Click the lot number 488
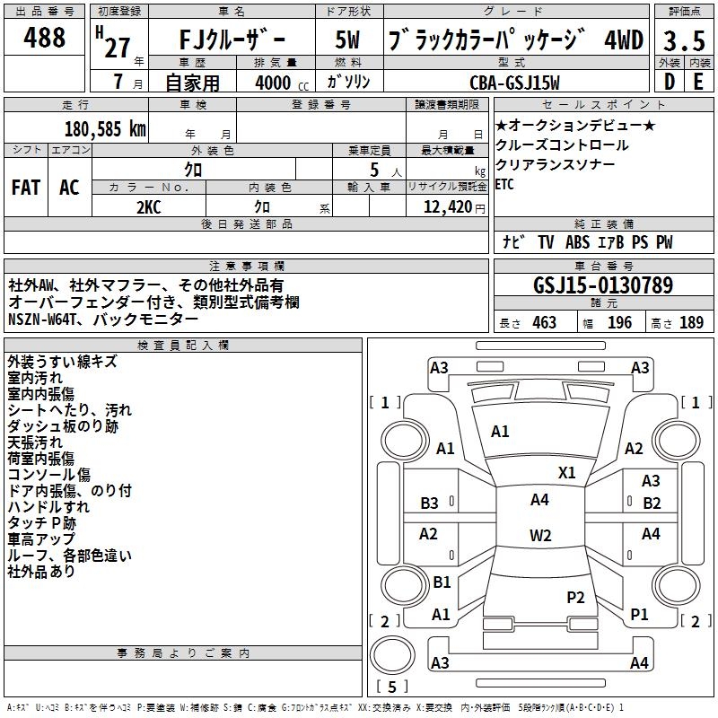coord(46,38)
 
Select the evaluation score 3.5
coord(682,40)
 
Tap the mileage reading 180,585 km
coord(106,128)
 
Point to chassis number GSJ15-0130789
coord(602,286)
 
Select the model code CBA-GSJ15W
coord(514,83)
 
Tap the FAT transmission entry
coord(25,187)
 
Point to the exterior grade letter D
coord(669,82)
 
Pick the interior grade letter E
coord(697,82)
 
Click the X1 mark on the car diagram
coord(566,472)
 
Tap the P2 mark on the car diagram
coord(575,597)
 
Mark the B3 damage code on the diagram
coord(430,503)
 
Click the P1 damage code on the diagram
coord(639,615)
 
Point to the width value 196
coord(619,323)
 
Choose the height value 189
coord(691,323)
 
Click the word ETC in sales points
coord(504,184)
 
